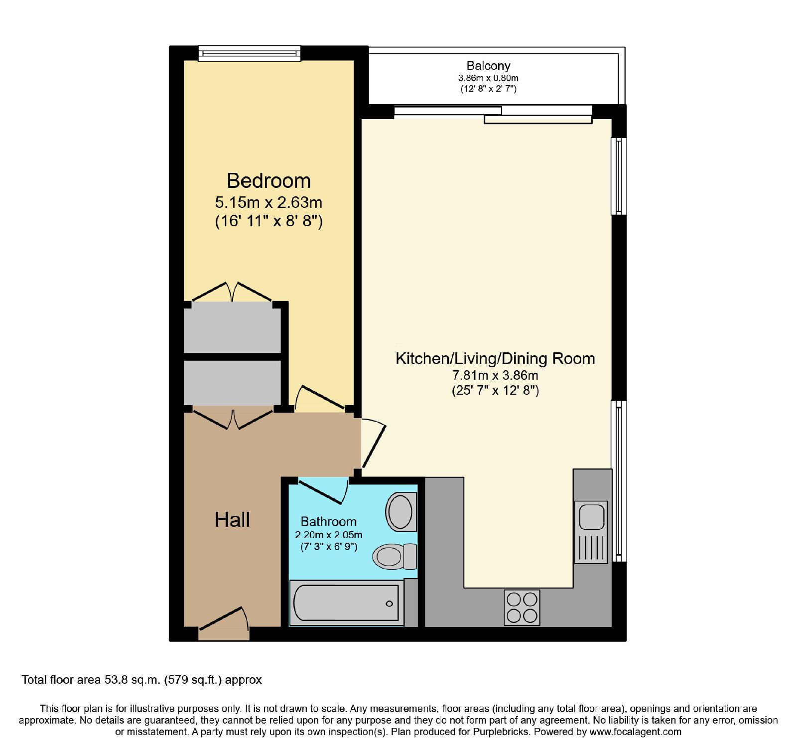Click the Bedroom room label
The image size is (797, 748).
(268, 181)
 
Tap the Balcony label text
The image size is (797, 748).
(488, 66)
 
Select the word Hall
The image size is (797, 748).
(232, 520)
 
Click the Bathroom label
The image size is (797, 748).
(329, 521)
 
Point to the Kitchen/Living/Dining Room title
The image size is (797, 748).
(495, 358)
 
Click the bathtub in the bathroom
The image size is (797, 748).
(347, 602)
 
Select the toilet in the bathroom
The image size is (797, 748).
(395, 557)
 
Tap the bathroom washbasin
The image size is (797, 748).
(401, 512)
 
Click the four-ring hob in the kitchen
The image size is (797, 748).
(522, 607)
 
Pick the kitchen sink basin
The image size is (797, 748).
(592, 517)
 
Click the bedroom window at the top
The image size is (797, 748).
(250, 53)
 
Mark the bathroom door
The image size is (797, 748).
(323, 491)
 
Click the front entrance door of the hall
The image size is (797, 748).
(224, 618)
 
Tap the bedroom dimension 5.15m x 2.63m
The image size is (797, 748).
(268, 202)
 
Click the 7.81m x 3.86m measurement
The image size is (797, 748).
(495, 375)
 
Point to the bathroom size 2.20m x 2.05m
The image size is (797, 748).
(329, 535)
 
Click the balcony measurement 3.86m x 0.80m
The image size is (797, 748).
(488, 78)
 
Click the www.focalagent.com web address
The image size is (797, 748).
(635, 732)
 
